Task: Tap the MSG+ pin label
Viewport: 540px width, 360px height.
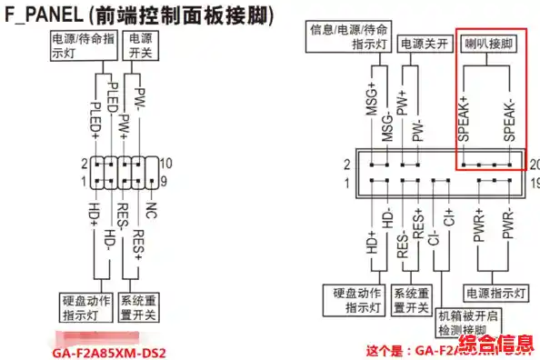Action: tap(371, 109)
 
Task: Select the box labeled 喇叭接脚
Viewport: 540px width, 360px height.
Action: tap(487, 43)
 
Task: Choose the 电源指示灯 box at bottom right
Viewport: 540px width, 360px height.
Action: tap(495, 295)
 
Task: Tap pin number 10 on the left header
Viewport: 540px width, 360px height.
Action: tap(166, 164)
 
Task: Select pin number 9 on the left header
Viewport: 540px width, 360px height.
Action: tap(165, 183)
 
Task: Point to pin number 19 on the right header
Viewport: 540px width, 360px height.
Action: tap(534, 184)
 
